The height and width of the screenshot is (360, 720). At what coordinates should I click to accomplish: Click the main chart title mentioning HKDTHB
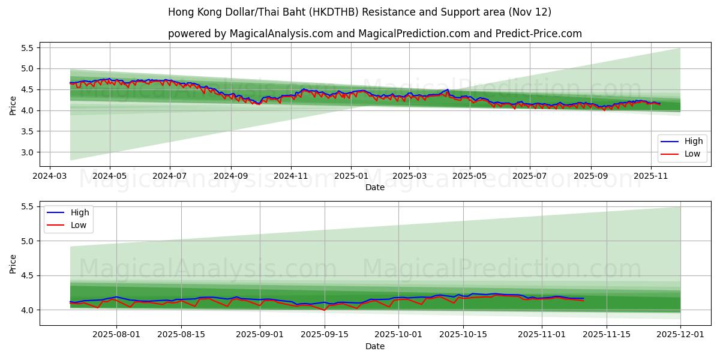pos(359,12)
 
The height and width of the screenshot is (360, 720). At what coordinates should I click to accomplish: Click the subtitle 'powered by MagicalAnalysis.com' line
pos(374,34)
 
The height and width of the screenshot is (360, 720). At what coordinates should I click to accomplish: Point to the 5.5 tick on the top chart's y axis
pos(27,47)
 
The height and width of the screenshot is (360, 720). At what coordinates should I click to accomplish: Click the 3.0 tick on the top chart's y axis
pos(27,152)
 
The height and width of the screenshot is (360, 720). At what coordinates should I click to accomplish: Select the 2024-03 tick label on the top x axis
pos(49,177)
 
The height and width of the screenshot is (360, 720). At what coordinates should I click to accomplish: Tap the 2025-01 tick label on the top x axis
pos(350,177)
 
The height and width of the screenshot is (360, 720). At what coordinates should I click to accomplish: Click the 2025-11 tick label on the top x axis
pos(651,177)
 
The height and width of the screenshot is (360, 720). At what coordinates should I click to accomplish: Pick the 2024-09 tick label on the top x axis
pos(231,177)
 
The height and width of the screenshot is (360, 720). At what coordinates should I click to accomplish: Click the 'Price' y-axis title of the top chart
pos(13,106)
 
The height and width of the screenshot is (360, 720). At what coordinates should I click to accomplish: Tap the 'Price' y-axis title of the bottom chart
pos(13,264)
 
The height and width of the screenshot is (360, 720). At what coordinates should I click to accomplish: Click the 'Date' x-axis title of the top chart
pos(375,188)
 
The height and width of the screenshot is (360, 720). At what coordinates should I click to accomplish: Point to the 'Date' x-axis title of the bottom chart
pos(375,346)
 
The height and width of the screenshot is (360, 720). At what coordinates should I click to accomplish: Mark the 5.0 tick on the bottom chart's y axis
pos(27,241)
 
